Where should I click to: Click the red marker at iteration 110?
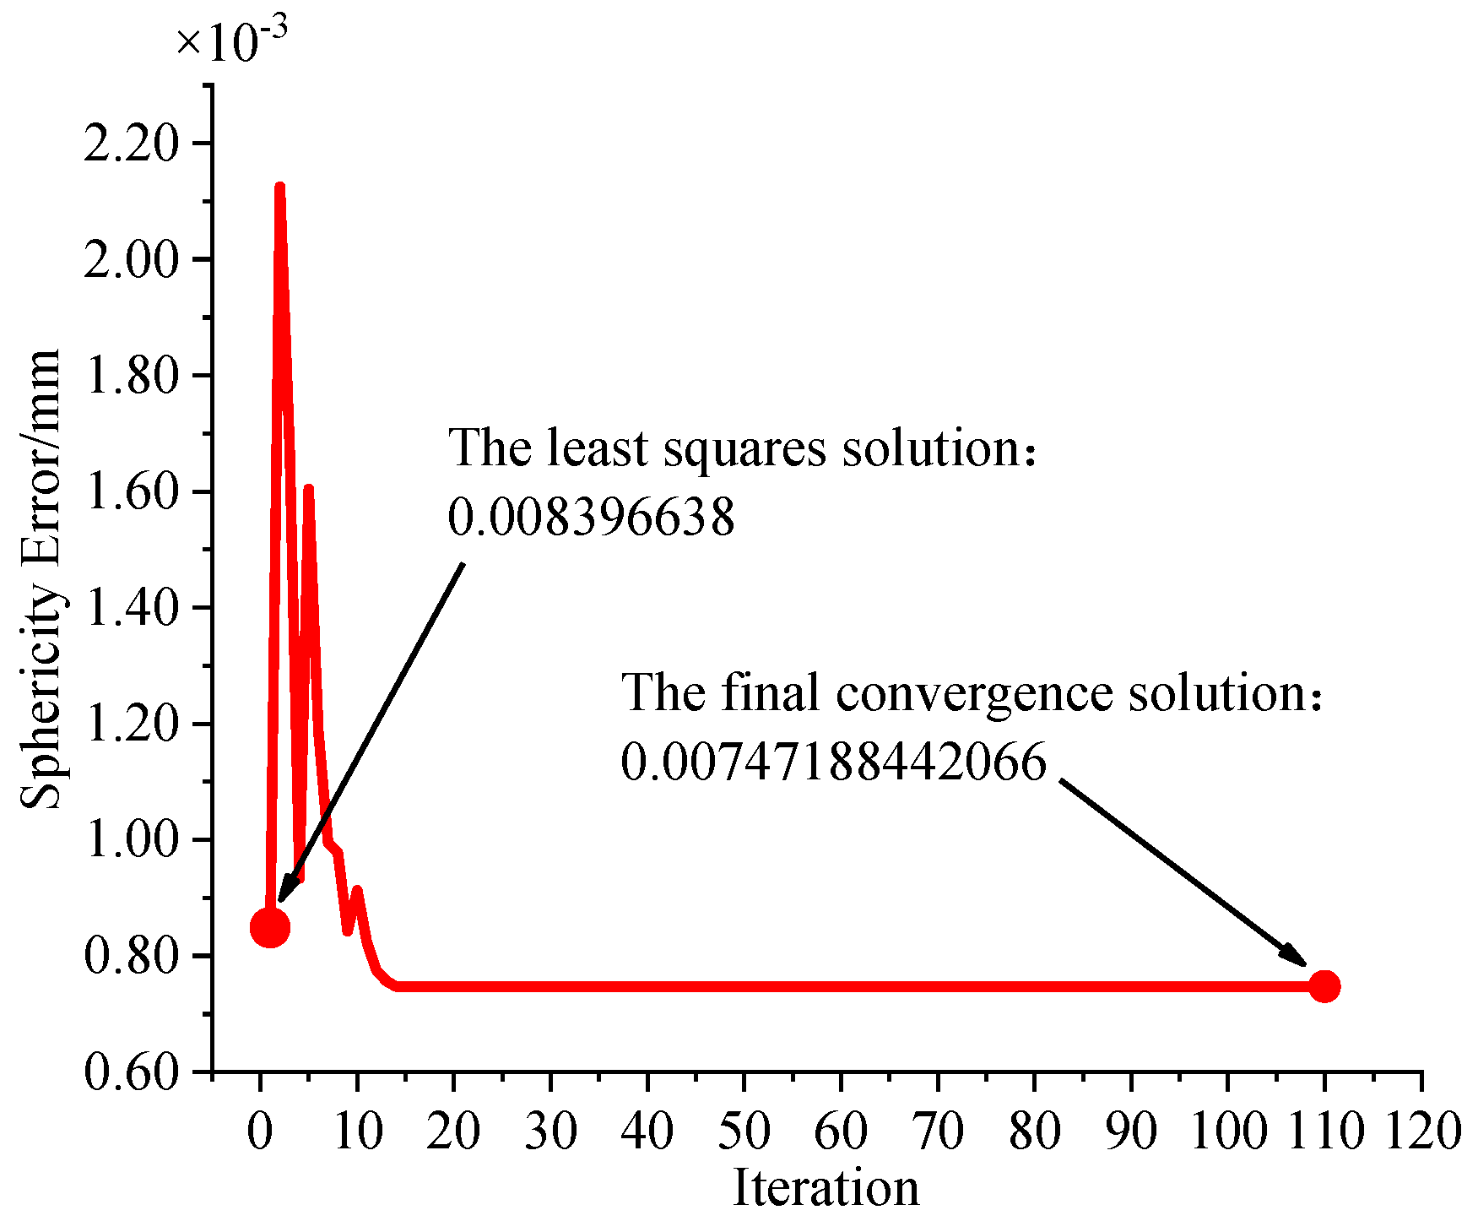(1324, 986)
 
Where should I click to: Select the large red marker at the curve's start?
(270, 927)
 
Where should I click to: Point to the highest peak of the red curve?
(279, 187)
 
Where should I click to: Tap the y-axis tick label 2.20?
(133, 144)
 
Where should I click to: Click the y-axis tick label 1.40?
(133, 608)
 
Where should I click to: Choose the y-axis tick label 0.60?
(133, 1072)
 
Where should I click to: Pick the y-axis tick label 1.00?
(133, 840)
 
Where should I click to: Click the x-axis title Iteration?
(826, 1189)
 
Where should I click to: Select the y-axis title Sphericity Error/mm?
(41, 579)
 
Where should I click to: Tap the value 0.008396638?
(591, 517)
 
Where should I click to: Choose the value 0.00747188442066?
(833, 762)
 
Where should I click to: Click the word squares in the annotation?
(744, 449)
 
